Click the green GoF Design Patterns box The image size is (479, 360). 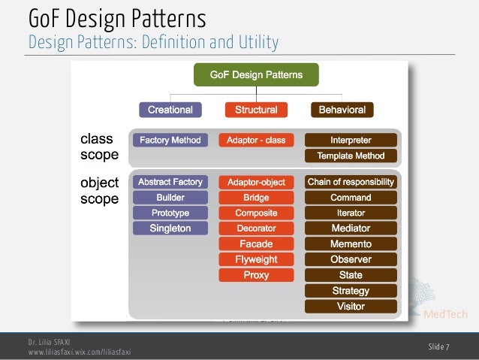coord(256,75)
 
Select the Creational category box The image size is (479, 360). coord(170,110)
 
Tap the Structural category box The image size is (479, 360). coord(256,110)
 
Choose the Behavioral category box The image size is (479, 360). coord(342,110)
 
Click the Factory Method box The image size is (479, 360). coord(170,140)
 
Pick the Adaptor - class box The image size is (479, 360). coord(256,140)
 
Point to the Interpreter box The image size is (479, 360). coord(351,140)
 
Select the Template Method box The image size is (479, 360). coord(351,156)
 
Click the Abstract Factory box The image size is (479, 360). coord(170,182)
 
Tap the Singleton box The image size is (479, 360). coord(170,228)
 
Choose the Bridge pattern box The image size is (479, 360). coord(256,198)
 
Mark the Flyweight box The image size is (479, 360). coord(256,259)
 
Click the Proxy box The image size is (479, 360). coord(256,275)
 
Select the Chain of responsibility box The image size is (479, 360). coord(351,182)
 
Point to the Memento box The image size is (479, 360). coord(351,244)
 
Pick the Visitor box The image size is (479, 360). coord(351,307)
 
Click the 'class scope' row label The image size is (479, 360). coord(99,147)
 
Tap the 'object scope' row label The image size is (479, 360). coord(99,191)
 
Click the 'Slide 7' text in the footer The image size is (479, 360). coord(439,346)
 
